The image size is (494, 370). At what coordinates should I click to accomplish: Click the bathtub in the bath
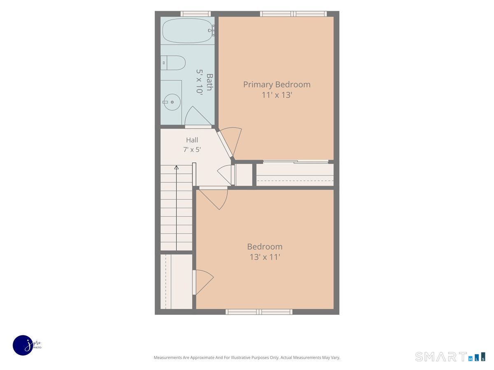point(187,30)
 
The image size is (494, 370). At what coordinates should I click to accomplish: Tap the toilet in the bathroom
point(173,63)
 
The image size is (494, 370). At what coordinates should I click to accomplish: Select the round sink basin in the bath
point(172,102)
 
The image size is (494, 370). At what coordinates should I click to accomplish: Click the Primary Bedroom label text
point(277,84)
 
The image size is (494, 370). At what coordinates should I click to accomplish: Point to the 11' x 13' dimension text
point(277,95)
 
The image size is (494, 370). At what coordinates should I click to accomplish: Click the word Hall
point(192,140)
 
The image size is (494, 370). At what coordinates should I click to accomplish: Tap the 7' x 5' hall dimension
point(192,149)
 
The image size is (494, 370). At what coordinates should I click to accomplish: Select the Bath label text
point(210,82)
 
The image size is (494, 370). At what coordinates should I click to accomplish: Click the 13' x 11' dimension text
point(265,257)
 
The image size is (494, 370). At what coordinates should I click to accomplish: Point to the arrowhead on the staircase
point(177,167)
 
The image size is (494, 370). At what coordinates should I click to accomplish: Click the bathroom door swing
point(198,116)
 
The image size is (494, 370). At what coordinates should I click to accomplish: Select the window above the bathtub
point(196,14)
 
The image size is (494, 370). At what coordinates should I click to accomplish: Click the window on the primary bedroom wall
point(293,14)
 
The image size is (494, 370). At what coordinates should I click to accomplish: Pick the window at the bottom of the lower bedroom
point(259,312)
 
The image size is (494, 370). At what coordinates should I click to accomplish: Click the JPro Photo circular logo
point(23,345)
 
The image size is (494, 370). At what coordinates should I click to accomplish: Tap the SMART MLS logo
point(450,357)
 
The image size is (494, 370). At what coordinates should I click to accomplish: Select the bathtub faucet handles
point(212,30)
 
